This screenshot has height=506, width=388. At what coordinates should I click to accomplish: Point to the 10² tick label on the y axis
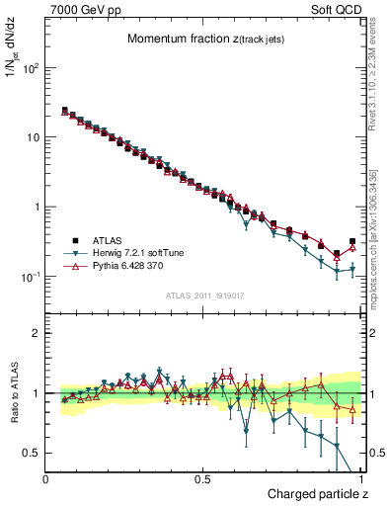click(32, 68)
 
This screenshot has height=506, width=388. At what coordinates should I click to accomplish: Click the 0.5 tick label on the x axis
click(203, 479)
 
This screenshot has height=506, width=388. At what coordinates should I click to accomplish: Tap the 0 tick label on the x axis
click(46, 479)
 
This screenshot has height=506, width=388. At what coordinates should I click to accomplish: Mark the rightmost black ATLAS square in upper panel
click(352, 241)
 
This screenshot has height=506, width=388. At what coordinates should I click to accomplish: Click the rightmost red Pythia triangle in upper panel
click(352, 247)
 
